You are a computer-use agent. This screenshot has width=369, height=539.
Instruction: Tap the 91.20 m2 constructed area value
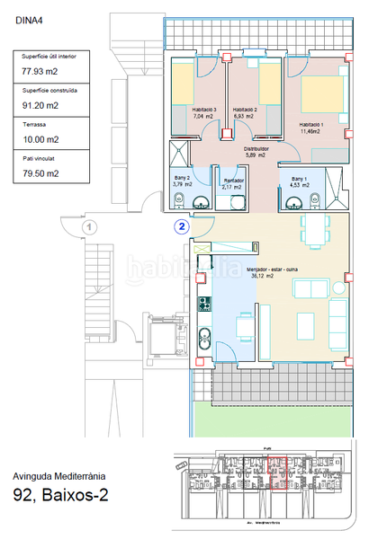[x=40, y=104]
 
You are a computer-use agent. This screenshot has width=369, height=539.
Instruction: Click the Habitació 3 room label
[x=205, y=111]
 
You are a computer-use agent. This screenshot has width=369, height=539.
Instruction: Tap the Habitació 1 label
[x=311, y=125]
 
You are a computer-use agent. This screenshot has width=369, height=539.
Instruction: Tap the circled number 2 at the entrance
[x=182, y=227]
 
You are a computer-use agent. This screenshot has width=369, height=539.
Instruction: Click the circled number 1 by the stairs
[x=87, y=227]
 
